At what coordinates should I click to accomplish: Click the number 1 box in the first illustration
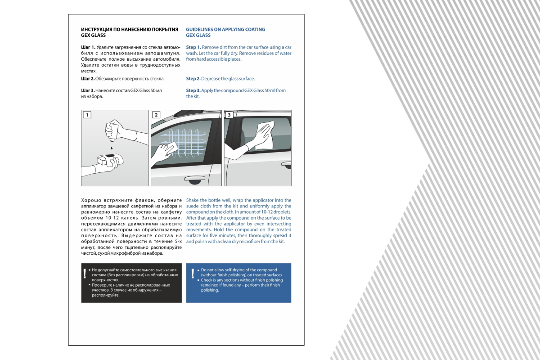click(x=87, y=115)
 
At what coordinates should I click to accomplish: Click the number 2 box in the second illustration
click(x=156, y=115)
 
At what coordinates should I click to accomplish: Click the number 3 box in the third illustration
click(x=229, y=115)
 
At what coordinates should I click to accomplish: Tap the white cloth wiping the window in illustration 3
click(x=263, y=135)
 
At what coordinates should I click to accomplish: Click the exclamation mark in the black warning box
click(x=84, y=273)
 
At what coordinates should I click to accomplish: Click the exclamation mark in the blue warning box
click(x=193, y=273)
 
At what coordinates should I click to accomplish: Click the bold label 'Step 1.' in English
click(x=193, y=47)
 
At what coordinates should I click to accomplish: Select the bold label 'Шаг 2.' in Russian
click(x=88, y=79)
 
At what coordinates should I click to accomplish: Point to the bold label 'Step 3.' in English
click(x=193, y=90)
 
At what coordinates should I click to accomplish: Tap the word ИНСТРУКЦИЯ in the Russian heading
click(x=96, y=30)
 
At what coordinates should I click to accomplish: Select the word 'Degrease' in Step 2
click(x=211, y=79)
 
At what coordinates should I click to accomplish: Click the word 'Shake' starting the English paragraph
click(x=193, y=200)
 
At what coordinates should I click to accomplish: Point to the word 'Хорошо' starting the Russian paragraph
click(x=90, y=200)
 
